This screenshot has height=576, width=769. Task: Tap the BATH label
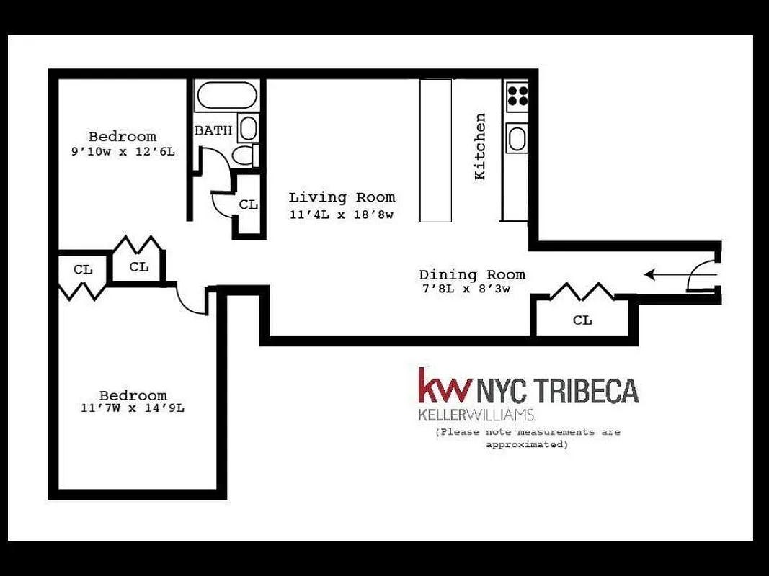[x=213, y=131]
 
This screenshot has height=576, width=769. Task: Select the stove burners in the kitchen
[x=517, y=95]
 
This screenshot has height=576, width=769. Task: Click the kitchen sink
[x=517, y=138]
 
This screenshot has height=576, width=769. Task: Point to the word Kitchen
[x=480, y=146]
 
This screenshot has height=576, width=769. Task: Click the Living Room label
[x=342, y=197]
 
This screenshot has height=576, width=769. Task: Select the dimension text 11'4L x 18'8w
[x=342, y=215]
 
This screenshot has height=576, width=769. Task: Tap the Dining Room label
[x=472, y=275]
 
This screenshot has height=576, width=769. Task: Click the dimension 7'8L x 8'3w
[x=466, y=290]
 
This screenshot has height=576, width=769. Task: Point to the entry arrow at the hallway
[x=663, y=274]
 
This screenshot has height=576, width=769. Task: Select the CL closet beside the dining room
[x=582, y=320]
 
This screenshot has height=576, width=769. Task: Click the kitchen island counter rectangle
[x=436, y=150]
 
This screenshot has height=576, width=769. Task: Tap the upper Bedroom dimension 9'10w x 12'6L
[x=123, y=152]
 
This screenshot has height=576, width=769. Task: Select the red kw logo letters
[x=445, y=386]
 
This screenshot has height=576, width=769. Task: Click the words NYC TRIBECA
[x=557, y=391]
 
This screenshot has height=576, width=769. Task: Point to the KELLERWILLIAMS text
[x=476, y=415]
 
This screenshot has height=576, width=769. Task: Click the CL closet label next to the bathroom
[x=249, y=204]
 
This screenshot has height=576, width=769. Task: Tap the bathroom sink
[x=247, y=129]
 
